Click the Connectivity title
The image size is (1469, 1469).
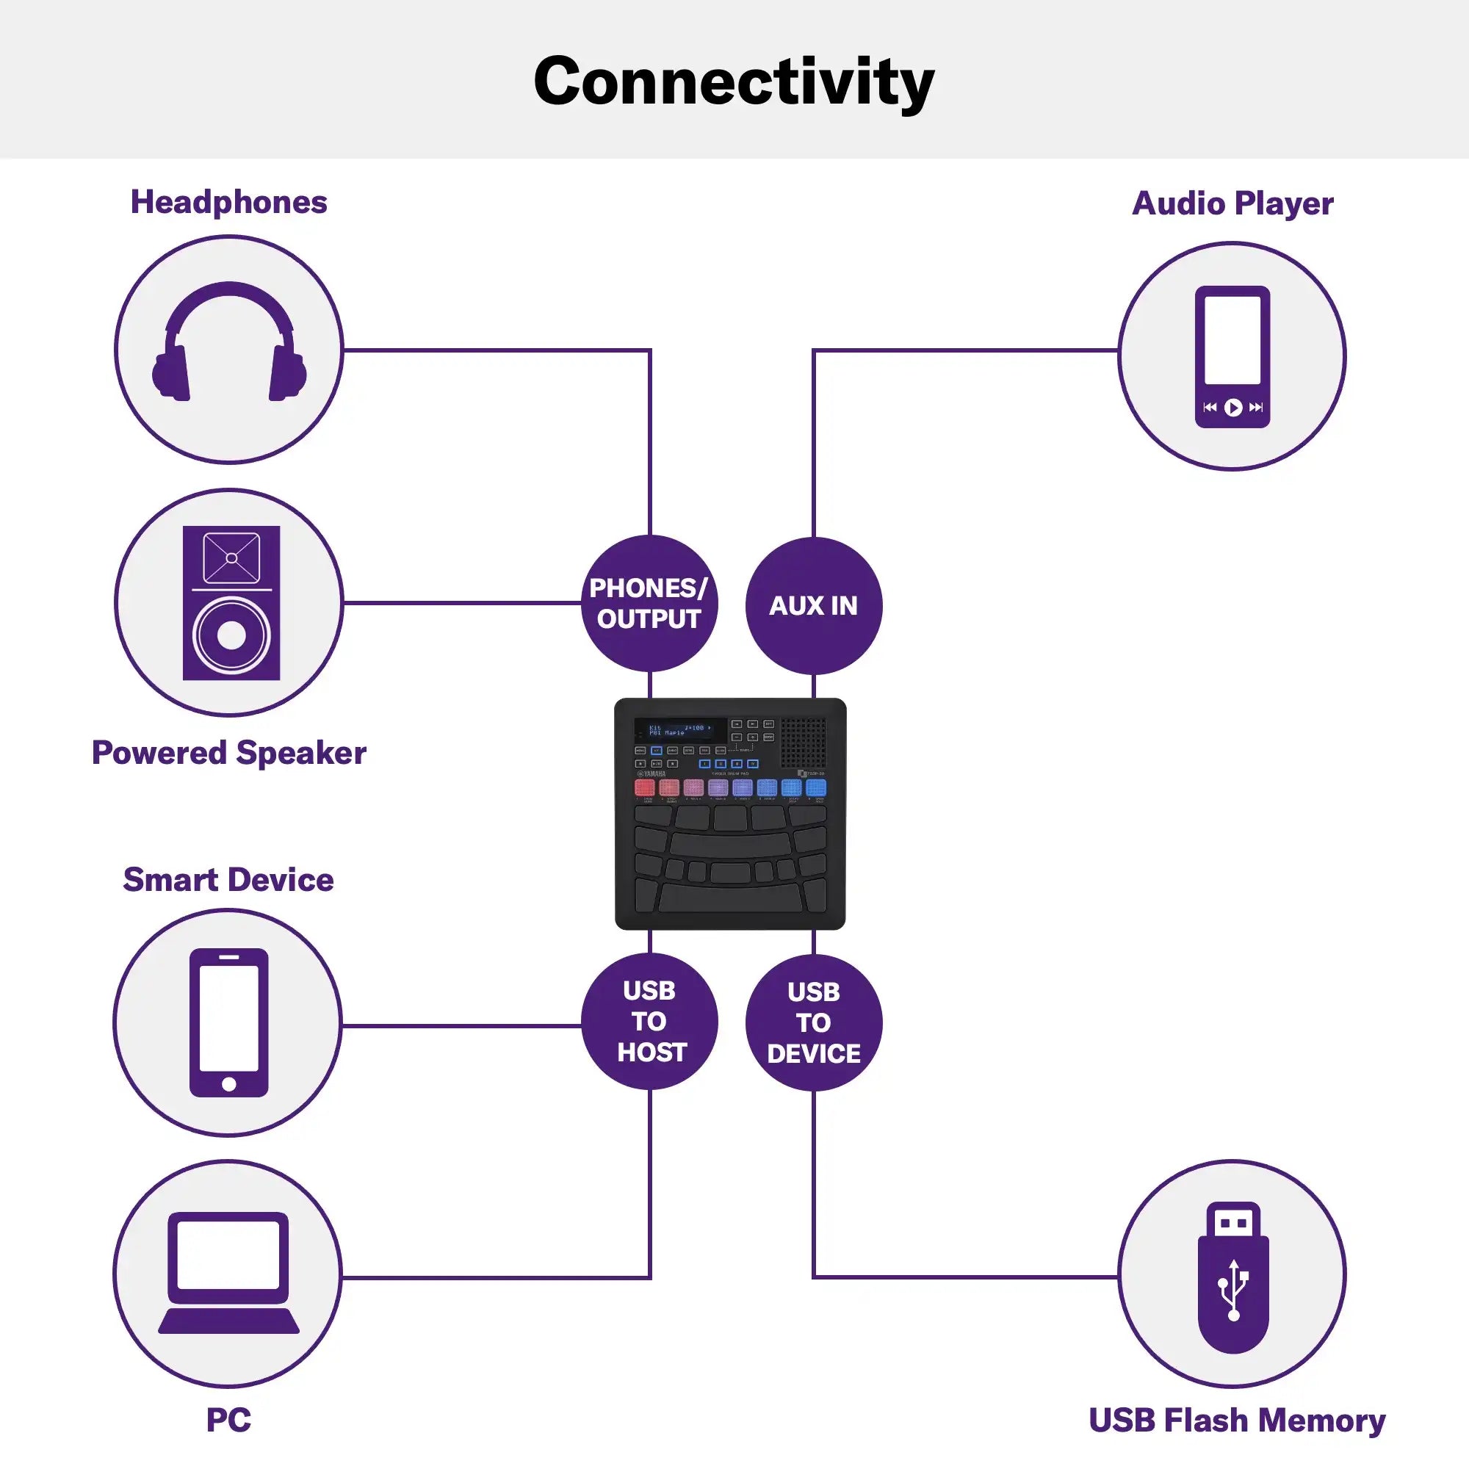tap(734, 82)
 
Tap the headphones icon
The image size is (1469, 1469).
tap(229, 342)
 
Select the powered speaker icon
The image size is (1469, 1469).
tap(231, 602)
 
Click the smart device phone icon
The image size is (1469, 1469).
tap(228, 1022)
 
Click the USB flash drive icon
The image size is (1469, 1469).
tap(1232, 1277)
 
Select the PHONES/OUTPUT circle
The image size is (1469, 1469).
tap(649, 604)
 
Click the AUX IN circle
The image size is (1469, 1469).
tap(814, 605)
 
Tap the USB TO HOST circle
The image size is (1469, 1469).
tap(649, 1021)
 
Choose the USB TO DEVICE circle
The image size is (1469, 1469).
tap(814, 1022)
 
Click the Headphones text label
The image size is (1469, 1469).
tap(229, 202)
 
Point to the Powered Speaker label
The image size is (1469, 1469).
tap(229, 753)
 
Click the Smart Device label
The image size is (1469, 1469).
tap(228, 880)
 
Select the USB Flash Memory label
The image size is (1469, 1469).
tap(1237, 1421)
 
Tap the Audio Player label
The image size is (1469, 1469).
tap(1232, 203)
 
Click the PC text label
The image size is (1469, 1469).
tap(228, 1420)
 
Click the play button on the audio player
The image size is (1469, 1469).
tap(1233, 408)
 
